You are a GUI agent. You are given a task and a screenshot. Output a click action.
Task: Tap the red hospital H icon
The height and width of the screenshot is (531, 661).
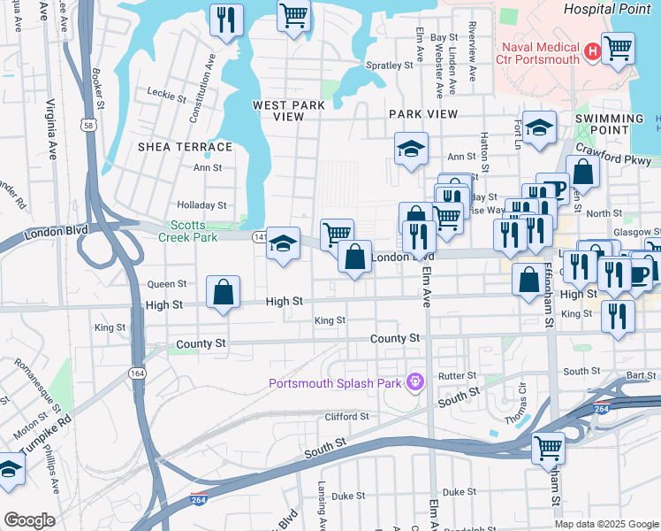click(x=591, y=53)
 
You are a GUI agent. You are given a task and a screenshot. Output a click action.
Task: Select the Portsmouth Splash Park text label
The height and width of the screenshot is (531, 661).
click(x=336, y=383)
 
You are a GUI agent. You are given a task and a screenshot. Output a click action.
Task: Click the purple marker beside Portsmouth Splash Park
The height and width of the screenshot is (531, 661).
click(x=413, y=383)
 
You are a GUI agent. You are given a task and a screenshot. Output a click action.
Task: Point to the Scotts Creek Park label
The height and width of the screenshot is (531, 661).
click(x=186, y=231)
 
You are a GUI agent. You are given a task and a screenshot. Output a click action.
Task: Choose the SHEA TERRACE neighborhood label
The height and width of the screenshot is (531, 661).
click(x=185, y=147)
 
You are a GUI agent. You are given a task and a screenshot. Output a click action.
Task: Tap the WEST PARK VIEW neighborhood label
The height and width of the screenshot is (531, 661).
click(x=289, y=111)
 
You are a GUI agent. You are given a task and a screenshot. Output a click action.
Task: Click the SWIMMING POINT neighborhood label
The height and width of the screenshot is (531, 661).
click(x=609, y=124)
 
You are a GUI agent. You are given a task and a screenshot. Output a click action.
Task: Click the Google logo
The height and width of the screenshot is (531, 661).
click(x=28, y=520)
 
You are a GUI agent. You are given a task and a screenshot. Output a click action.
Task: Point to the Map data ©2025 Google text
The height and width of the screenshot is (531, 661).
click(x=605, y=523)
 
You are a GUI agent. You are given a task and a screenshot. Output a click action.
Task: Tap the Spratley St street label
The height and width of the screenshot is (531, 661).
click(x=390, y=65)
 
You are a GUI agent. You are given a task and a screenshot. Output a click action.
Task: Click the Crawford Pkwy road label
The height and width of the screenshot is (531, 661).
click(x=612, y=155)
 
